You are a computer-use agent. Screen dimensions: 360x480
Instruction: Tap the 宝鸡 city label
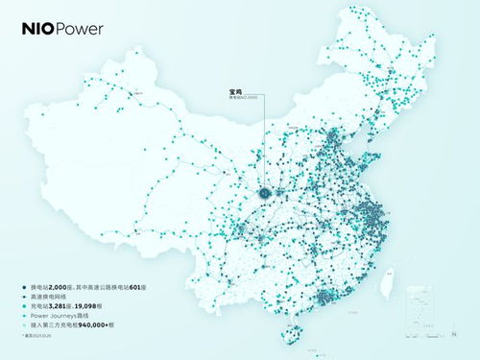[x=236, y=92]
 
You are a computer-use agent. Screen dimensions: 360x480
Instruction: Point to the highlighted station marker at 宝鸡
[x=264, y=193]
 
